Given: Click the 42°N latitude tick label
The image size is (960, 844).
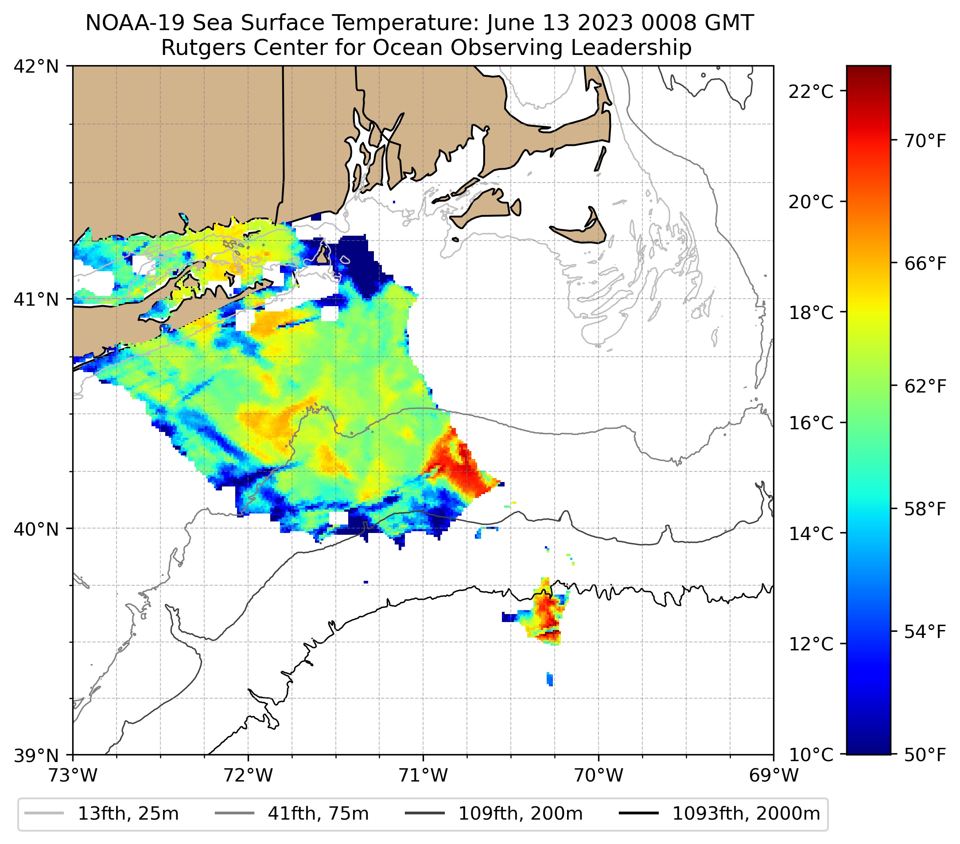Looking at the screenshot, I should click(36, 67).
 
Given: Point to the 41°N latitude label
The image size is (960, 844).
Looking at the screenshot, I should click(36, 299).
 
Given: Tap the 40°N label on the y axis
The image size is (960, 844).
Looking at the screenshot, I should click(36, 529).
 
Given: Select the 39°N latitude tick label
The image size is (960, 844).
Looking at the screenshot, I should click(36, 755).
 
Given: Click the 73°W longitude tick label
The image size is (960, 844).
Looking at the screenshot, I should click(73, 775).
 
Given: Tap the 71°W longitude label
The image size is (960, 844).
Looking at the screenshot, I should click(423, 775).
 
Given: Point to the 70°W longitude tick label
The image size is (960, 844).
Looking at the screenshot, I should click(599, 775).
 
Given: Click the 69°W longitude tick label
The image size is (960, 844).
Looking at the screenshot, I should click(773, 775).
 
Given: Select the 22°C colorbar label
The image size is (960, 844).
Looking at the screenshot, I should click(811, 92).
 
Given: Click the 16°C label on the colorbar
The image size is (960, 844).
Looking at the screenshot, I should click(811, 423).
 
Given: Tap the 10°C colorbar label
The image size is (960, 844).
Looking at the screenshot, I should click(811, 755).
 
